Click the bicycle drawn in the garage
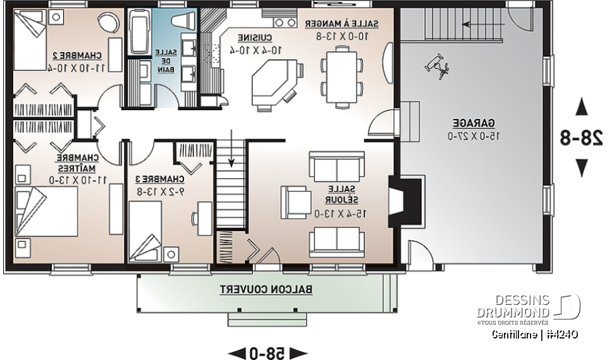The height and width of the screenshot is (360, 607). click(x=437, y=65)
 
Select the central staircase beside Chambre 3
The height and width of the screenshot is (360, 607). click(x=230, y=190)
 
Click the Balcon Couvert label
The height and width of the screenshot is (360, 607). click(x=266, y=289)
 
